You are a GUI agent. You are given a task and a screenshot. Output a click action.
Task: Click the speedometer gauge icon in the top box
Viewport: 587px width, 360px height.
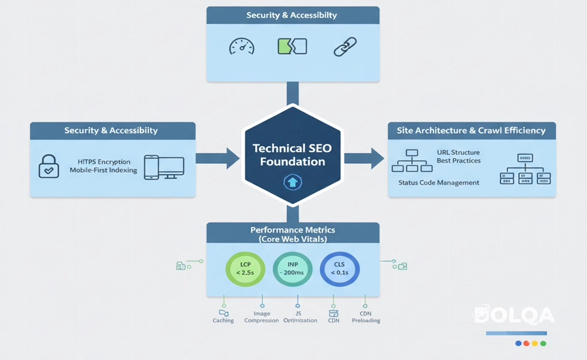[x=241, y=46]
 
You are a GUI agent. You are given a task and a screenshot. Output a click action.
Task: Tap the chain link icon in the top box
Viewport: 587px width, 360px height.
[x=345, y=47]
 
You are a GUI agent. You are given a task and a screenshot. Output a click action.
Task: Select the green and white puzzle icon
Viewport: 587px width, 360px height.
[x=292, y=46]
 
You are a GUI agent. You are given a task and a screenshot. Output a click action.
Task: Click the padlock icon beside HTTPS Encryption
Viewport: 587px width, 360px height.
[x=49, y=166]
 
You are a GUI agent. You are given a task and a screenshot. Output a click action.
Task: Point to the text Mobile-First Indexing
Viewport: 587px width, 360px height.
[x=103, y=170]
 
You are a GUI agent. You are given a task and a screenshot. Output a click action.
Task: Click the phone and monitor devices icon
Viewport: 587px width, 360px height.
[x=163, y=166]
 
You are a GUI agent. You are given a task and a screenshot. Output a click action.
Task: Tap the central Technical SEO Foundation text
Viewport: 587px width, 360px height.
[x=292, y=155]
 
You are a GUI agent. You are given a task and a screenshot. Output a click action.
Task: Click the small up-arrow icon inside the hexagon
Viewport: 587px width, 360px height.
[x=292, y=183]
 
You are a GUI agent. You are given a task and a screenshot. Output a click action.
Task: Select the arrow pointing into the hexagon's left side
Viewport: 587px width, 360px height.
[x=217, y=158]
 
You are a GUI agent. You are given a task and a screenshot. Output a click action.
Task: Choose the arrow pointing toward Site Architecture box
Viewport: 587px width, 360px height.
[x=365, y=158]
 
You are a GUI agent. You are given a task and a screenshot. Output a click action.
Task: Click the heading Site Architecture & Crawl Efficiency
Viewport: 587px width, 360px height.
[x=471, y=131]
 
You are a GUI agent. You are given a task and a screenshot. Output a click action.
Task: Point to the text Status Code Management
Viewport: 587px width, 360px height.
[x=439, y=182]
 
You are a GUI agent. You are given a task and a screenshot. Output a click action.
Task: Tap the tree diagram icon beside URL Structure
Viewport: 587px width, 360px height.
[x=412, y=161]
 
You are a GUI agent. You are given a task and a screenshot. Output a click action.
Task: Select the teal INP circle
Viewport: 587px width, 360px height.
[x=292, y=268]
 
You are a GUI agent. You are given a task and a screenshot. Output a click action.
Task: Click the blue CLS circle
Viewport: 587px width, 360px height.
[x=339, y=268]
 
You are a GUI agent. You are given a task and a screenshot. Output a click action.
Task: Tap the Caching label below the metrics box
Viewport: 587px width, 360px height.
[x=223, y=320]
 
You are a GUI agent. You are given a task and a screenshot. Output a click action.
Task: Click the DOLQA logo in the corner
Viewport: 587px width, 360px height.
[x=514, y=315]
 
